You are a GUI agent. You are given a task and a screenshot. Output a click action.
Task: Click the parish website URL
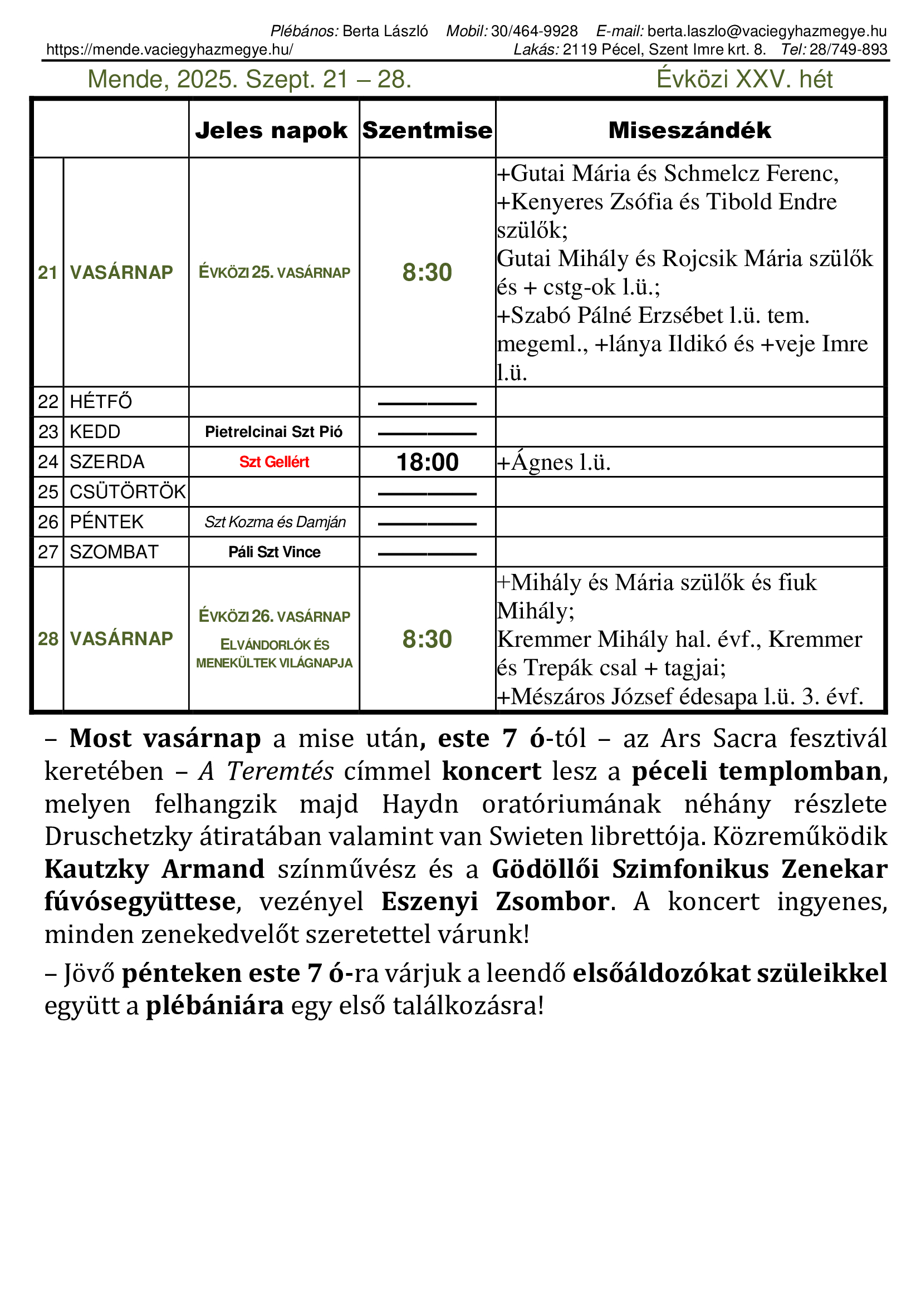170,50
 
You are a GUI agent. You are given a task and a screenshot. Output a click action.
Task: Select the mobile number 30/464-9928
534,31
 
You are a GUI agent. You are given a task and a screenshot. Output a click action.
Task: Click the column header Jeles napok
271,130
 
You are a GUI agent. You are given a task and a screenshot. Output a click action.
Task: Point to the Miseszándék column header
689,130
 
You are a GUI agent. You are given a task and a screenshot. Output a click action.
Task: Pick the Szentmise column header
427,130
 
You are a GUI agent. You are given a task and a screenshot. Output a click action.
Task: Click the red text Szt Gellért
274,462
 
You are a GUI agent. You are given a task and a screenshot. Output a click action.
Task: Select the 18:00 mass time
427,462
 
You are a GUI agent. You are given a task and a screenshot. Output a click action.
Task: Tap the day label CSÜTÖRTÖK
128,492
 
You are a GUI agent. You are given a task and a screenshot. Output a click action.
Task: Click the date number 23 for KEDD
48,432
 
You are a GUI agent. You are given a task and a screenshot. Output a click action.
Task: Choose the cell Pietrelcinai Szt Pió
274,432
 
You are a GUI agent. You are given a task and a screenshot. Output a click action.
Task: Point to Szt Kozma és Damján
275,522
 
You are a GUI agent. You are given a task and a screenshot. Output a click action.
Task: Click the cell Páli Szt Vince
275,552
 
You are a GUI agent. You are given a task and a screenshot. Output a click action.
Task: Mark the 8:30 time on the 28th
427,639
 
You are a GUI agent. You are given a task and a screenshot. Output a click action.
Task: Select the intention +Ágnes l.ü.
554,463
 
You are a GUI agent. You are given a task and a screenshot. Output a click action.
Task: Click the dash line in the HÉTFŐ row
427,404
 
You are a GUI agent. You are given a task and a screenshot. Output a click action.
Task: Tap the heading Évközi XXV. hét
744,80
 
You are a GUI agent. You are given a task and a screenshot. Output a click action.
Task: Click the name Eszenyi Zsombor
494,902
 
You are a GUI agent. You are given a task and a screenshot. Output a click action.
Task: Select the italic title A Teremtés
266,771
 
